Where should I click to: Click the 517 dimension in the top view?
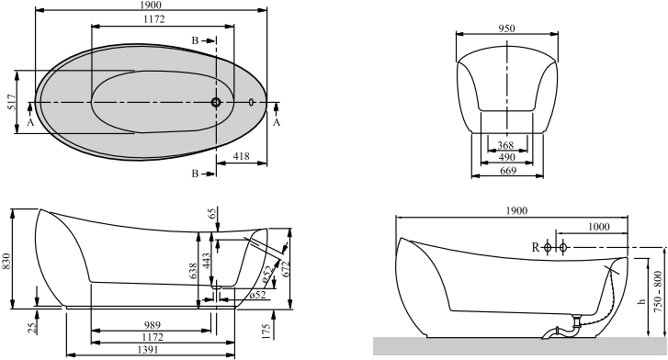[12, 102]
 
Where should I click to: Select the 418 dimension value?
[241, 156]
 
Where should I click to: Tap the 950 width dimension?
[506, 28]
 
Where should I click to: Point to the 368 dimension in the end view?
[505, 145]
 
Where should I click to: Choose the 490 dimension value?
[506, 157]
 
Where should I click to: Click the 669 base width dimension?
[508, 171]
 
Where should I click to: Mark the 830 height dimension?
[6, 261]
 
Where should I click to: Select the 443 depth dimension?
[206, 261]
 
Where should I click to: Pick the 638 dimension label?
[193, 272]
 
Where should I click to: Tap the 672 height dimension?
[286, 268]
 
